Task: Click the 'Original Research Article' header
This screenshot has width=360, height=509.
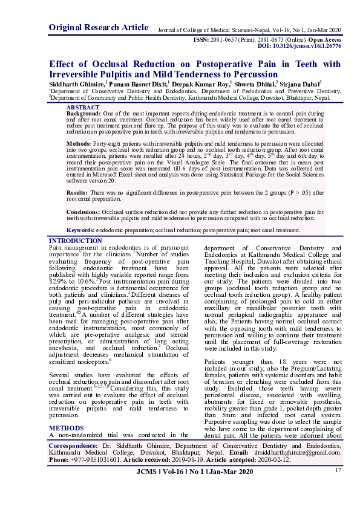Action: [x=98, y=28]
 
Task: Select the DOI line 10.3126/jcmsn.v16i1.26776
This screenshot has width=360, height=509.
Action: [x=299, y=45]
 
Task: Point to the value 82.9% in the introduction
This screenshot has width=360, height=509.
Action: [x=59, y=282]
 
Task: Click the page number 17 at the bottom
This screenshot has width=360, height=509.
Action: [x=338, y=470]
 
